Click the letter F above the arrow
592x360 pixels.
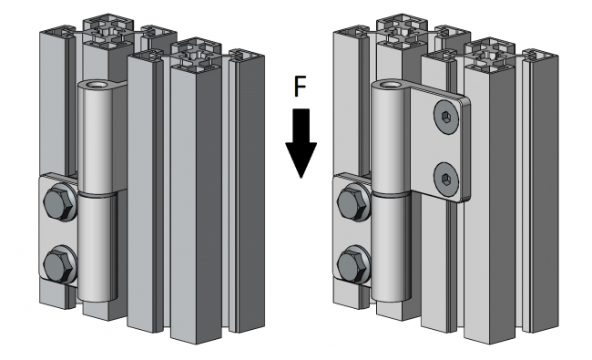coord(301,87)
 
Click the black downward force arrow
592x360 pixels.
coord(301,144)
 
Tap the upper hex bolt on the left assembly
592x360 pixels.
coord(59,202)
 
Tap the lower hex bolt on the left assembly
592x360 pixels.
coord(59,264)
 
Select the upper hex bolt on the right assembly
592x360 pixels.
coord(353,202)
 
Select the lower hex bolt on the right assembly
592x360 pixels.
coord(353,264)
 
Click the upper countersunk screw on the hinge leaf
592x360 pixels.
coord(446,117)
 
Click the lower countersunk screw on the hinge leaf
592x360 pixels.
coord(446,178)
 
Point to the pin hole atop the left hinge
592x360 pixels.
coord(97,84)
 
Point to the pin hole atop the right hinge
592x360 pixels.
coord(390,84)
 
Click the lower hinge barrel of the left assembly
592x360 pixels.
coord(97,247)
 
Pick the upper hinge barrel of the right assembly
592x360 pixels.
coord(390,138)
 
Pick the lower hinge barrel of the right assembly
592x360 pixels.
coord(391,247)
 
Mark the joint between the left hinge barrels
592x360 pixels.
coord(97,194)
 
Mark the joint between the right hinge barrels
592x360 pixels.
coord(391,194)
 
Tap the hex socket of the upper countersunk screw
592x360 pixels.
coord(445,117)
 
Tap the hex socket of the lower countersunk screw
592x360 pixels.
coord(445,178)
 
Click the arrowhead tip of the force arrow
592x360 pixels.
coord(301,179)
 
